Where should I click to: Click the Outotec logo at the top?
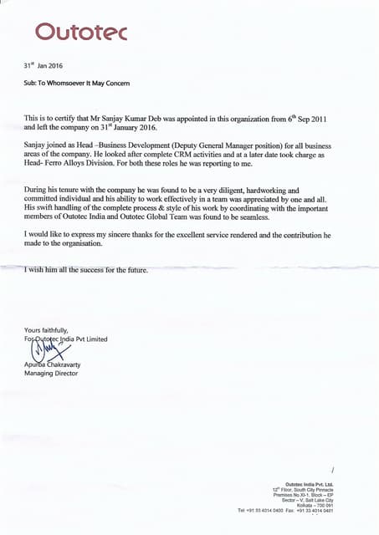point(80,31)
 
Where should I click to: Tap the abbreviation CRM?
point(204,154)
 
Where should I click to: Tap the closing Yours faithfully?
point(46,330)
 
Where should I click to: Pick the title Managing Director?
point(50,374)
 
